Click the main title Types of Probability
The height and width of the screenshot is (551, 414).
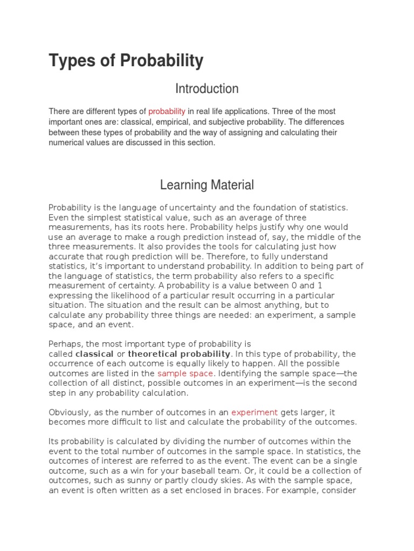tap(126, 61)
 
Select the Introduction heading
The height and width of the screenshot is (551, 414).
tap(207, 88)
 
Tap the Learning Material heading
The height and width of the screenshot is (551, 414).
tap(207, 185)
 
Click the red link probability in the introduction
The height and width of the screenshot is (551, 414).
tap(167, 111)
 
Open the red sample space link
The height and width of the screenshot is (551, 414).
tap(185, 373)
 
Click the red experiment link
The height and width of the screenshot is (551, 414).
tap(254, 412)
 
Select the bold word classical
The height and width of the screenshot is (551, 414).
tap(94, 354)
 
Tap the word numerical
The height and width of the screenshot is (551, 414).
tap(67, 143)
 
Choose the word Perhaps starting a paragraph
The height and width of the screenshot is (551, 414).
tap(63, 344)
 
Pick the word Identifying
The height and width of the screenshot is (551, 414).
tap(242, 373)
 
